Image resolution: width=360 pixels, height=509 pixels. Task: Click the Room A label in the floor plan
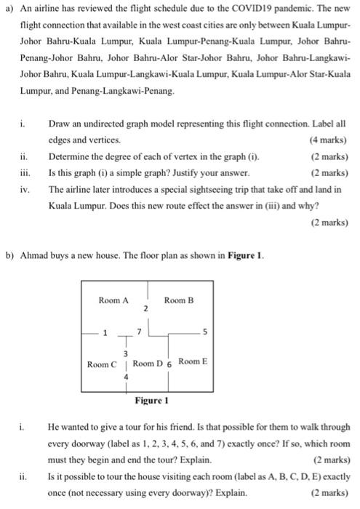click(x=113, y=300)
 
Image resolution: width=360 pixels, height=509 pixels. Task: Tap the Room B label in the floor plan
click(x=179, y=300)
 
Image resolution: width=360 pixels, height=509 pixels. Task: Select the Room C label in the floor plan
click(x=102, y=364)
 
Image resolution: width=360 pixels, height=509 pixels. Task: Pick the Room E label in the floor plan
click(x=193, y=361)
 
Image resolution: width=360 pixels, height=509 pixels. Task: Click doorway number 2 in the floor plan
click(x=145, y=310)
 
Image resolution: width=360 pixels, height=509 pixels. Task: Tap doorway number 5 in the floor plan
click(x=204, y=335)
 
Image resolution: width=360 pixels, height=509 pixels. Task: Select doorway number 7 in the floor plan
click(x=140, y=332)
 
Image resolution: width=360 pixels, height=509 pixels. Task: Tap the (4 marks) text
click(x=327, y=140)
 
